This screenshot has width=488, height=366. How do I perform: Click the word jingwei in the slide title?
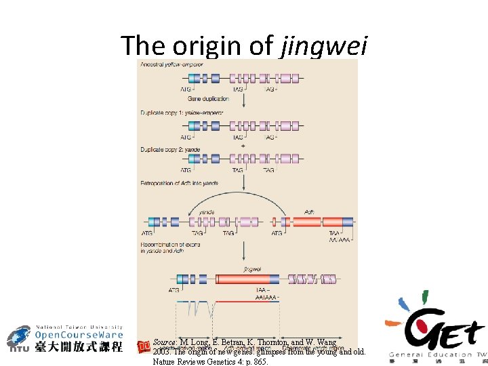point(323,45)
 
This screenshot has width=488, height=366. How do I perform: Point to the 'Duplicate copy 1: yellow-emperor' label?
point(182,112)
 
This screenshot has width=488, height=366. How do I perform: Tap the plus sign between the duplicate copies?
point(243,146)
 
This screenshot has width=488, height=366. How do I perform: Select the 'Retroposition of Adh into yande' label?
point(179,183)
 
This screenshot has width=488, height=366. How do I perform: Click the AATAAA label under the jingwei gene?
point(266,297)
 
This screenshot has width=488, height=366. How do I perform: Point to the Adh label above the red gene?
point(310,211)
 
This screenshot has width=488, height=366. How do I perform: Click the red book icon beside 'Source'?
point(143,347)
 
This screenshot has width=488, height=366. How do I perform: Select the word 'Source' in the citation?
point(165,342)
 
